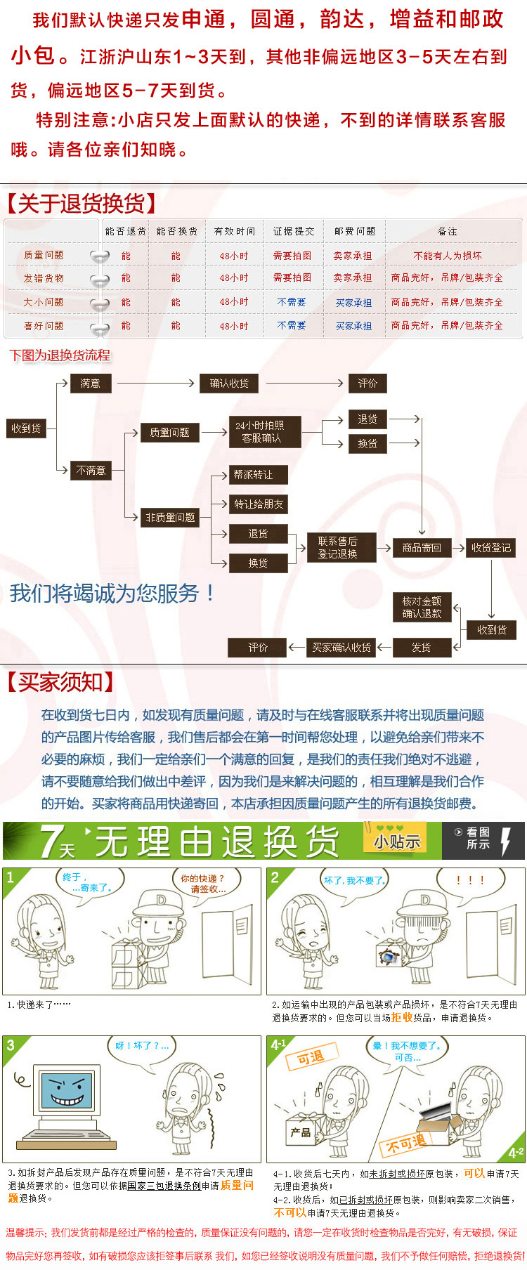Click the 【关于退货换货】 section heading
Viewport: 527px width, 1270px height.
81,204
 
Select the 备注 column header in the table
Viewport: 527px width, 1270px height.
447,231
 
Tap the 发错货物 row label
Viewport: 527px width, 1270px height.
44,278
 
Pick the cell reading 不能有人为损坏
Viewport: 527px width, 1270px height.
448,256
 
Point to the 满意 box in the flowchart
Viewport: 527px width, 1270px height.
90,384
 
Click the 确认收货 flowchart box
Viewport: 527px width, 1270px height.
229,384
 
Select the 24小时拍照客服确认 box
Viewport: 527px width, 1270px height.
261,432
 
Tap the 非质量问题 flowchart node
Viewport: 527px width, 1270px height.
170,518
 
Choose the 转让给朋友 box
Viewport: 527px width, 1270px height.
259,504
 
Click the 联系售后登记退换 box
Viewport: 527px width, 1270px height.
337,547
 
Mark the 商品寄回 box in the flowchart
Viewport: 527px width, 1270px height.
422,548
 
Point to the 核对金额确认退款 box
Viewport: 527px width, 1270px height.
422,607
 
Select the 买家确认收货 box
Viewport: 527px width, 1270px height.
341,648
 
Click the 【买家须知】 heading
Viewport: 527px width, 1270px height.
60,681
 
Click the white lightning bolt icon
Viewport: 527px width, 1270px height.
505,840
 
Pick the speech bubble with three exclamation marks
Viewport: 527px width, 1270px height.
470,880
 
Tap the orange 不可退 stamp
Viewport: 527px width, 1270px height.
405,1144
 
